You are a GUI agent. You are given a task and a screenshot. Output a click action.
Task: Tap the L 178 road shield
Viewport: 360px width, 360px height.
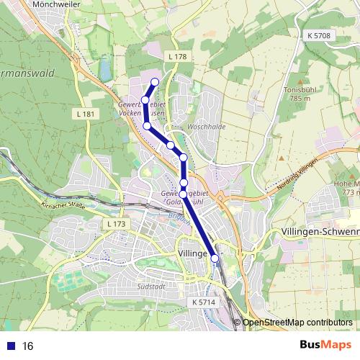[x=176, y=56]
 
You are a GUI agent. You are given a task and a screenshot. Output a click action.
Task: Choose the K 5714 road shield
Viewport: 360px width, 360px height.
[x=204, y=302]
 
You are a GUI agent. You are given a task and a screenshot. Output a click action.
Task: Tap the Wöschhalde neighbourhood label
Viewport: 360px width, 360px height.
[x=206, y=126]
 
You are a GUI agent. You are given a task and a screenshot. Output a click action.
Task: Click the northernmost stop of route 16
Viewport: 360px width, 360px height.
[x=155, y=81]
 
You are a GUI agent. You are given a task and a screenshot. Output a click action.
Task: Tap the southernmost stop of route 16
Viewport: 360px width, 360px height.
[x=214, y=258]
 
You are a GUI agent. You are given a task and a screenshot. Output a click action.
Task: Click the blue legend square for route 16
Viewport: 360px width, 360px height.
[x=6, y=346]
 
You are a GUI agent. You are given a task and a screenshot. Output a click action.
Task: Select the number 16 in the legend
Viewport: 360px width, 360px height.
[x=27, y=346]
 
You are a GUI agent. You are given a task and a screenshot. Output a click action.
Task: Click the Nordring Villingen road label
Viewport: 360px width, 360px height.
[x=297, y=179]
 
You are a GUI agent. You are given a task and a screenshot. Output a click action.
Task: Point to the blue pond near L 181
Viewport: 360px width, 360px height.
[x=104, y=70]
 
